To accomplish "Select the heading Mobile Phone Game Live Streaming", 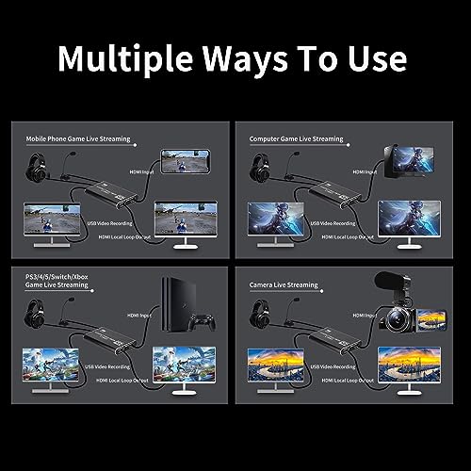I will click(77, 138).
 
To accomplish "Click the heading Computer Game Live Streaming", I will click(296, 138).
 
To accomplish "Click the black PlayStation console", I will click(173, 300).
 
